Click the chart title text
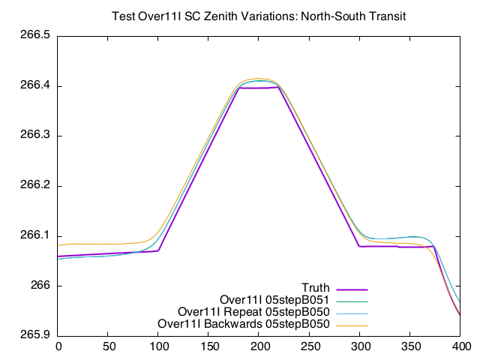click(x=258, y=16)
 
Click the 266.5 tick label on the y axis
click(x=34, y=36)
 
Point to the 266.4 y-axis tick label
click(x=34, y=86)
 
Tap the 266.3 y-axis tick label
click(x=34, y=136)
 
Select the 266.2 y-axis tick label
click(x=34, y=186)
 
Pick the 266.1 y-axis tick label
click(x=34, y=235)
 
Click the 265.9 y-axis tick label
click(x=34, y=335)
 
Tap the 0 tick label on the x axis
click(x=58, y=346)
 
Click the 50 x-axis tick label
click(x=109, y=346)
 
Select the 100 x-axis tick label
click(x=159, y=346)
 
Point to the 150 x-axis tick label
click(x=209, y=346)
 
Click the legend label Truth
click(x=316, y=288)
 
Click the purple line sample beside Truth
click(x=352, y=288)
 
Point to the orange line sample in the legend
click(x=352, y=324)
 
